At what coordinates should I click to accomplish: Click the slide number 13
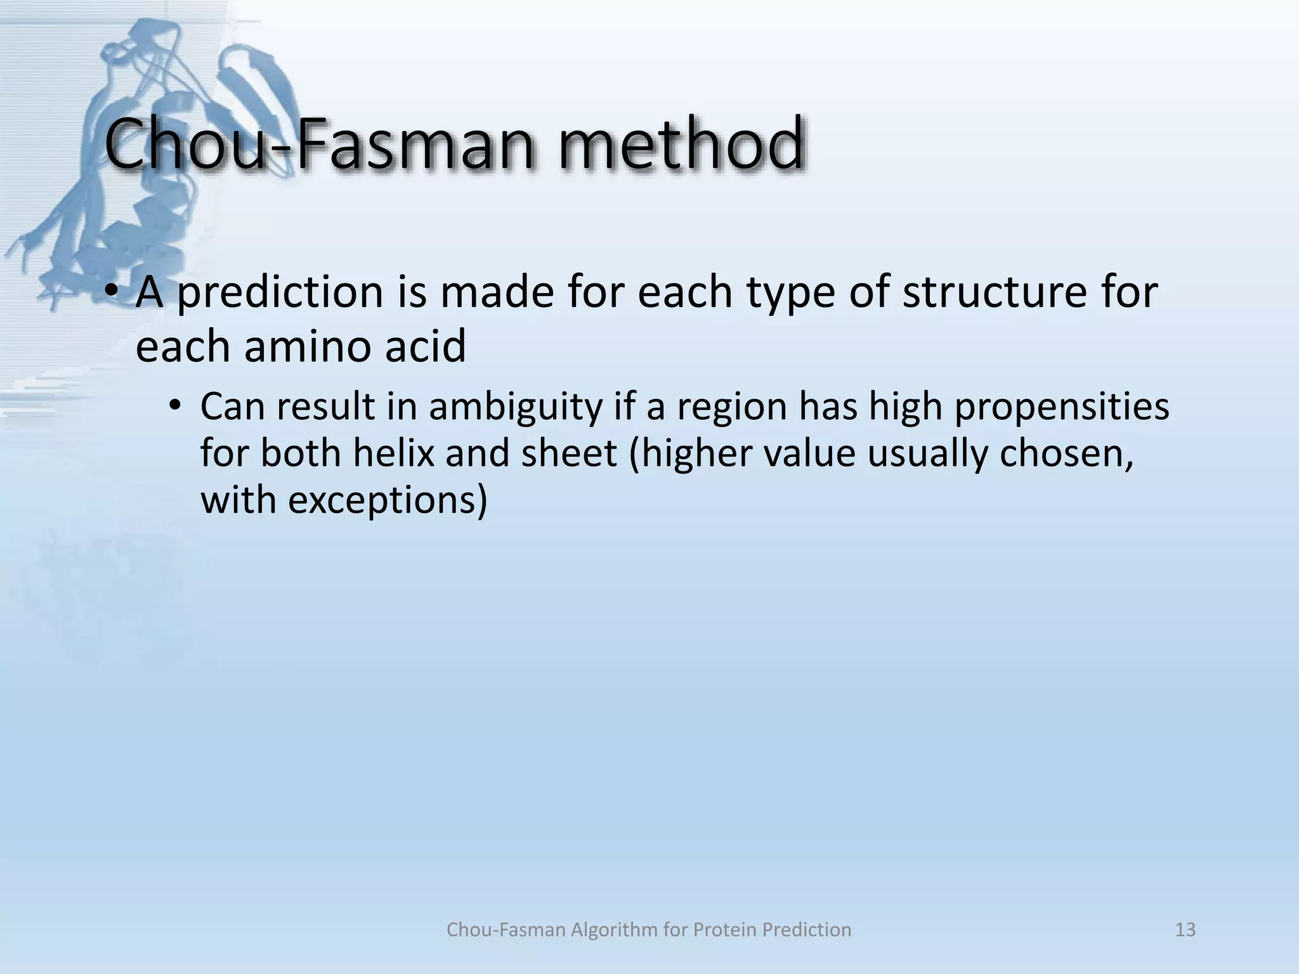tap(1185, 929)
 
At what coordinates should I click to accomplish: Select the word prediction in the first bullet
tap(280, 293)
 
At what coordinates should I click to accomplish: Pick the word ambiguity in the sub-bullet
tap(515, 407)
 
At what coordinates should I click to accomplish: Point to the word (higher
tap(690, 453)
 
